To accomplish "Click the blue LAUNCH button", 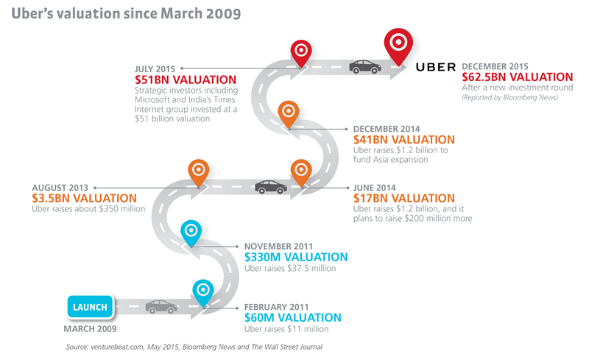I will [x=94, y=306].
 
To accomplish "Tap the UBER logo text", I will [x=437, y=67].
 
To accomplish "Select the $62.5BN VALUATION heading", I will [x=517, y=77].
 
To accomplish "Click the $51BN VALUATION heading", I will [x=185, y=80].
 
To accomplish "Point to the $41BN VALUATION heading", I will [x=404, y=139].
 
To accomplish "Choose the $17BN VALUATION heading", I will [x=404, y=198].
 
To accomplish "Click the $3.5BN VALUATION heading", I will [x=84, y=199].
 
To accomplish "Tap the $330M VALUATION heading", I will [x=295, y=257].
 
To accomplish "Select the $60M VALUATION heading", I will [x=292, y=317].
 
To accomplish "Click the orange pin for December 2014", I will [x=289, y=113].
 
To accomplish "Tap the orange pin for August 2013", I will [x=198, y=172].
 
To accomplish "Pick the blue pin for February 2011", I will [x=202, y=292].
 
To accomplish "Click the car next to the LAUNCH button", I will [x=161, y=306].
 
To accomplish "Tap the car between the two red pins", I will [x=364, y=66].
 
